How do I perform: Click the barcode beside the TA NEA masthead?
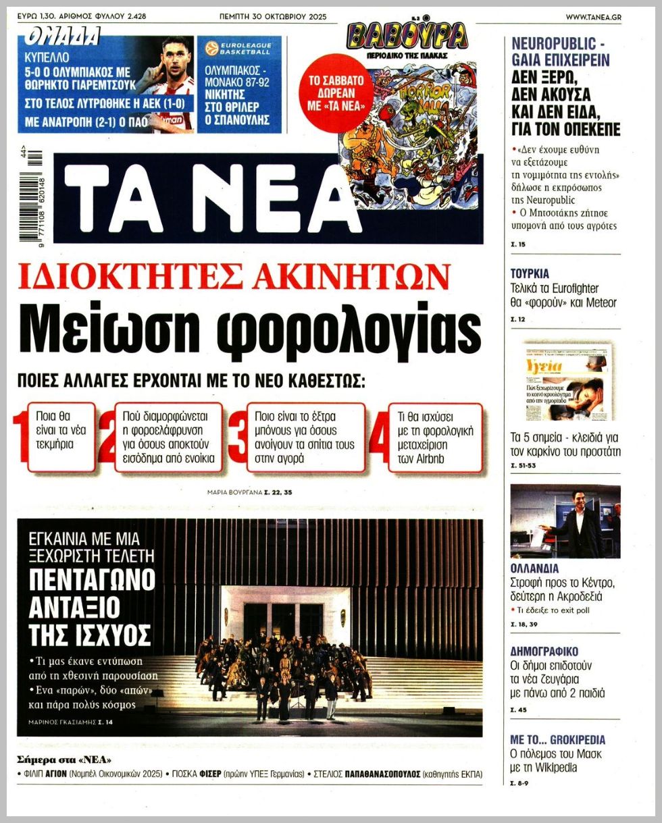tap(34, 196)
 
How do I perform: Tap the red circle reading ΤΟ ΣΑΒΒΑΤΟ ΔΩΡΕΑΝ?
tap(336, 92)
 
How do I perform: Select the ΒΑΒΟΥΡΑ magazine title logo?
tap(407, 36)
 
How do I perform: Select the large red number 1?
tap(21, 437)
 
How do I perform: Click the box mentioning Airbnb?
tap(435, 437)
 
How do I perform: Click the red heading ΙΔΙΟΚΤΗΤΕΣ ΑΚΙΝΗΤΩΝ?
tap(234, 275)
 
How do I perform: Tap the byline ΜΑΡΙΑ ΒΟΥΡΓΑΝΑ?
tap(234, 492)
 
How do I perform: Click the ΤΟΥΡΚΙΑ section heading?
tap(530, 273)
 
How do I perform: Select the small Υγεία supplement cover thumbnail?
tap(565, 382)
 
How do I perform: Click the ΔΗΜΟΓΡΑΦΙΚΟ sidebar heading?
tap(544, 652)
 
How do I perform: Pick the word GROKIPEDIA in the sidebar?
tap(576, 739)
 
